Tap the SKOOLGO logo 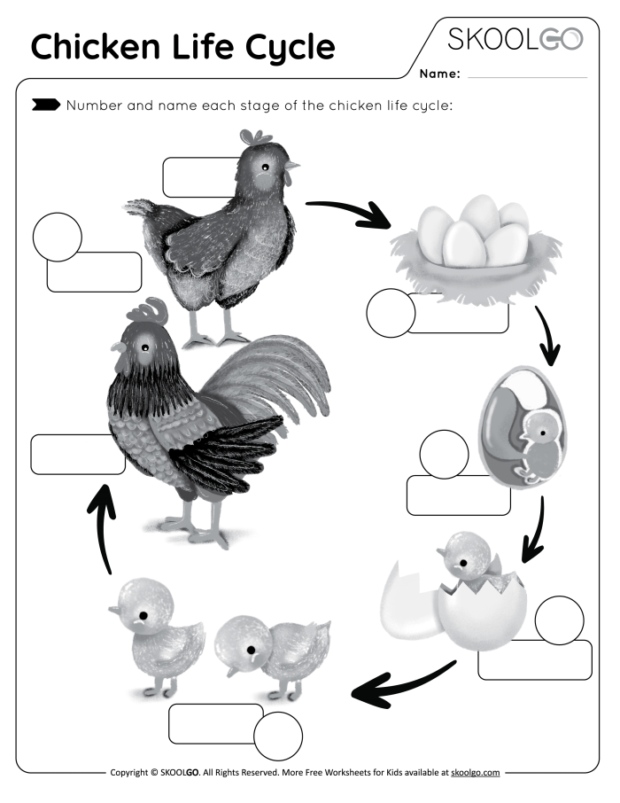[515, 39]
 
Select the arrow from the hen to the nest [349, 212]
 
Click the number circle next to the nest [391, 314]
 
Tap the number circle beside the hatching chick [559, 620]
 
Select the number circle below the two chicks [278, 736]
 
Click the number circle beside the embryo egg [444, 454]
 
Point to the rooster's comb [148, 312]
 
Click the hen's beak [293, 165]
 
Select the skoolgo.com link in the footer [476, 773]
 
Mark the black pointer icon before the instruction [45, 106]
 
